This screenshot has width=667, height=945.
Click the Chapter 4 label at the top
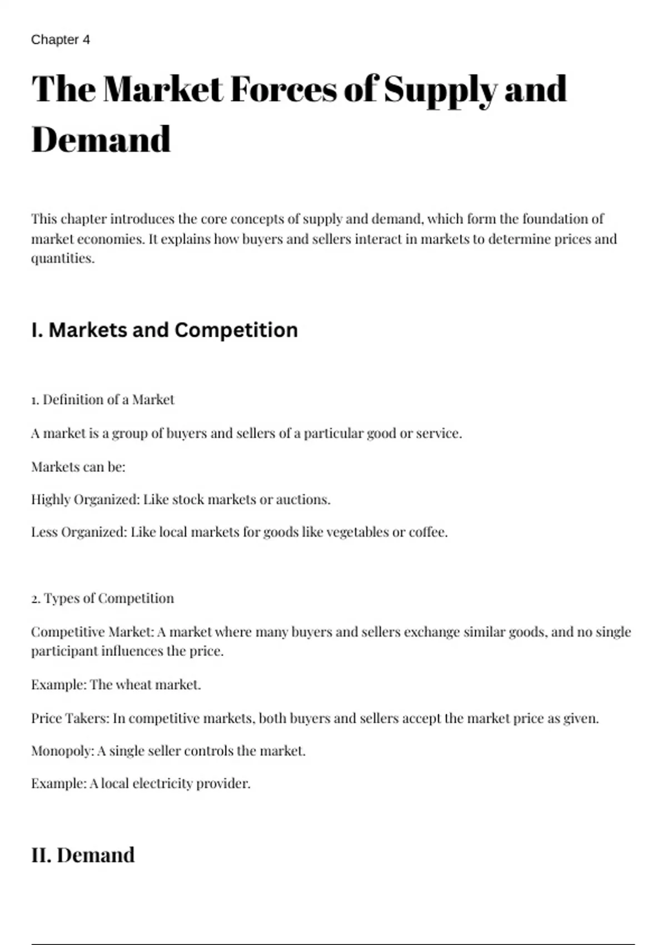click(x=61, y=40)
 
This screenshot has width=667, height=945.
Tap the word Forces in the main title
click(x=283, y=89)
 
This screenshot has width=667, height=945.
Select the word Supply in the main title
click(x=440, y=89)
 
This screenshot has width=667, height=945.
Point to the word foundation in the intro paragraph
click(x=555, y=218)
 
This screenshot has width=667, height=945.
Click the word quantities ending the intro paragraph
click(x=62, y=258)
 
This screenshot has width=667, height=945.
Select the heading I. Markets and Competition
click(x=165, y=330)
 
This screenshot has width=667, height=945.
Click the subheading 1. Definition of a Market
click(x=103, y=400)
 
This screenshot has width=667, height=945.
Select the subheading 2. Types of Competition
click(x=103, y=599)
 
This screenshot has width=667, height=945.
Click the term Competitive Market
click(x=92, y=632)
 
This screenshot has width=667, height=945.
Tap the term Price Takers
click(x=69, y=718)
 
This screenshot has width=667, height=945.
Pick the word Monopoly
click(x=62, y=751)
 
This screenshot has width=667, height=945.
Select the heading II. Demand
click(x=83, y=855)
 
